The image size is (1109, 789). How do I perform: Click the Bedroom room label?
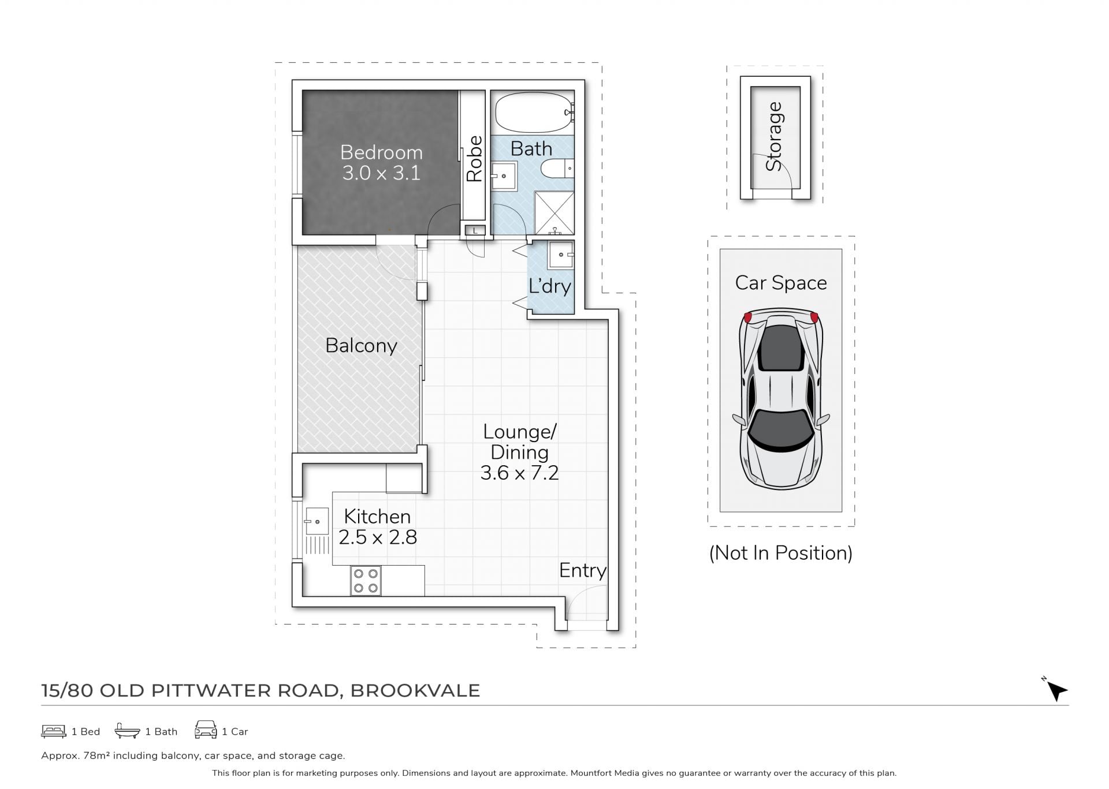(381, 152)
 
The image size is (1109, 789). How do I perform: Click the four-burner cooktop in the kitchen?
(366, 581)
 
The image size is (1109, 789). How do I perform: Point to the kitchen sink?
(316, 521)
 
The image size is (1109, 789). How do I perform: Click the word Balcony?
(361, 346)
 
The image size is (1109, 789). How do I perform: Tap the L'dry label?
(550, 286)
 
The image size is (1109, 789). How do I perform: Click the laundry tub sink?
(560, 255)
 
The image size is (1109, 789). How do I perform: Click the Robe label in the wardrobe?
(474, 159)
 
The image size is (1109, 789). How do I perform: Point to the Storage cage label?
(773, 136)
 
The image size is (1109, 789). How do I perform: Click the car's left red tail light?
(748, 317)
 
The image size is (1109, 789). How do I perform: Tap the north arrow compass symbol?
(1056, 689)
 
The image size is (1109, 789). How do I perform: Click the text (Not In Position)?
(780, 553)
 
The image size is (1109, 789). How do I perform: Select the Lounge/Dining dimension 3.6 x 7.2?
(519, 473)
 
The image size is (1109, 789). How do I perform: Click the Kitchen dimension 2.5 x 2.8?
(378, 537)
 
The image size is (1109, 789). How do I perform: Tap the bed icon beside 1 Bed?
(54, 731)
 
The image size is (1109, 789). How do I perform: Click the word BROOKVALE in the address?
(415, 690)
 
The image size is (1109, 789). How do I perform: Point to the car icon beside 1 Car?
(206, 730)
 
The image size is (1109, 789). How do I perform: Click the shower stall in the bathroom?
(554, 212)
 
